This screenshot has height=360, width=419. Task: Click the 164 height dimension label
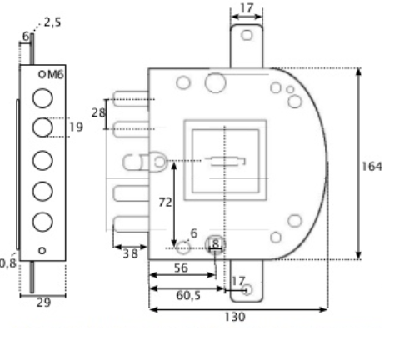click(x=372, y=167)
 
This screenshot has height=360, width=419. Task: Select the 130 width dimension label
click(x=235, y=317)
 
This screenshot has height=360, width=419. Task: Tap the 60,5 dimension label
click(x=188, y=295)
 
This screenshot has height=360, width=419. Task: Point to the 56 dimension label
click(x=181, y=267)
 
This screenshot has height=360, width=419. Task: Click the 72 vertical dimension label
click(x=165, y=202)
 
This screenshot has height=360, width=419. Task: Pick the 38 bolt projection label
click(x=130, y=253)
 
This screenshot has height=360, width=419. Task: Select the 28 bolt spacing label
click(x=98, y=112)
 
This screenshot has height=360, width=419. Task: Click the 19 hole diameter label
click(x=76, y=127)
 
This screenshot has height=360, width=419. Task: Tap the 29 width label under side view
click(x=43, y=302)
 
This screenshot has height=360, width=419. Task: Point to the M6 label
click(x=56, y=75)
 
